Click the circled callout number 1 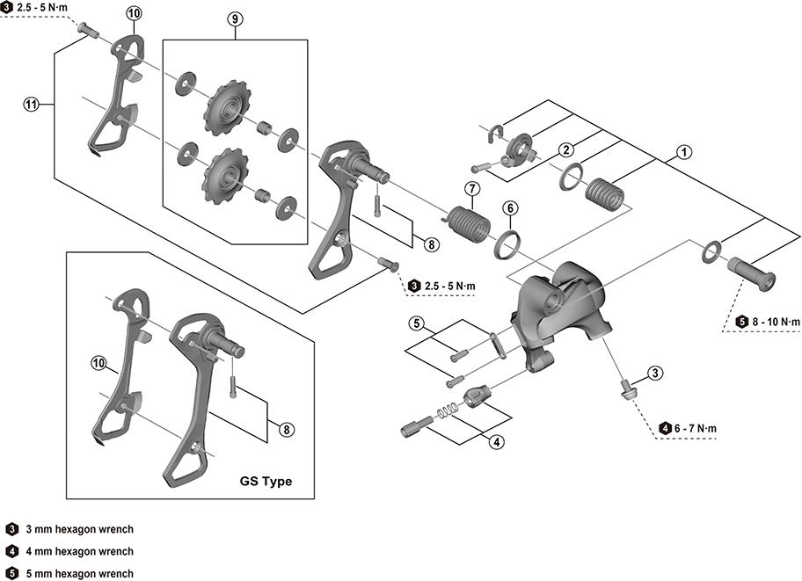(683, 152)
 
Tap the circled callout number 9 (234, 18)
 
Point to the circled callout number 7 (471, 189)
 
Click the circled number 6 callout (510, 208)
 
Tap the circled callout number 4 (498, 442)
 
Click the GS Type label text (266, 482)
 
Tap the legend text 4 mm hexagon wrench (80, 551)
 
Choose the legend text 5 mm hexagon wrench (80, 573)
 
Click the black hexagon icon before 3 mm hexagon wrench (12, 529)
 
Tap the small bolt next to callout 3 (628, 389)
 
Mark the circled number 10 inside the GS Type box (98, 361)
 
